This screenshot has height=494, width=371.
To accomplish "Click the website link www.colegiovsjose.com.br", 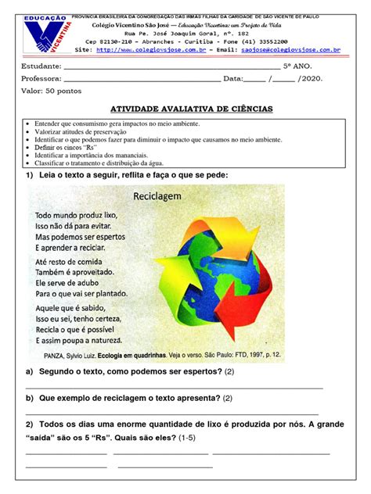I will pyautogui.click(x=162, y=49).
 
